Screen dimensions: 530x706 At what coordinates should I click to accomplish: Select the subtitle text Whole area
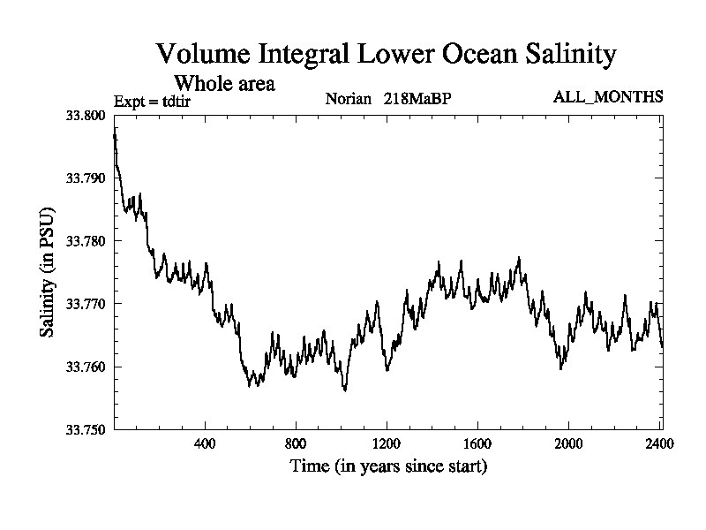tap(224, 84)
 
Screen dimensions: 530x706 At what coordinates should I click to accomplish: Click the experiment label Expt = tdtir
tap(154, 101)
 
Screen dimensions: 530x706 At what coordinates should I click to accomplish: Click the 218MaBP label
tap(417, 97)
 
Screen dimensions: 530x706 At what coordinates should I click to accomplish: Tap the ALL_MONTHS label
tap(608, 96)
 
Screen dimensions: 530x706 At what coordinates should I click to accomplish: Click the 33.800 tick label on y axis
tap(86, 116)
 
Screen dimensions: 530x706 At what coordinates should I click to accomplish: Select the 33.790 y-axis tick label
tap(86, 178)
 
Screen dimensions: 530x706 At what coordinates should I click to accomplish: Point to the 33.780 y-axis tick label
tap(86, 241)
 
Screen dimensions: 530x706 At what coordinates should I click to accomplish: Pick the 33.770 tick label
tap(86, 304)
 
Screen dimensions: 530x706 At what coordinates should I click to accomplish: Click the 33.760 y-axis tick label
tap(86, 367)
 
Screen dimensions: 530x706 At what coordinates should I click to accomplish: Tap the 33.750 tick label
tap(86, 429)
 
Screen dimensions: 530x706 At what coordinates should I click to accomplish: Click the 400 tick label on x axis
tap(205, 443)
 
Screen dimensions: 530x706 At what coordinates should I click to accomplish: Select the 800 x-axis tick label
tap(296, 443)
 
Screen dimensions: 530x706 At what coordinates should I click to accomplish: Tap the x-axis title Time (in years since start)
tap(388, 466)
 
